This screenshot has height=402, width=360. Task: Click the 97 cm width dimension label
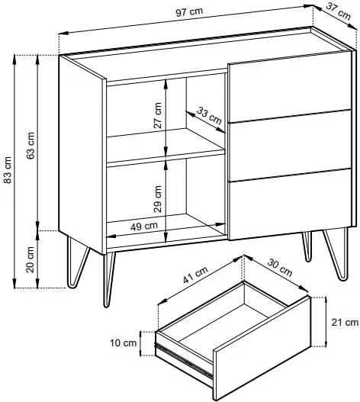[189, 11]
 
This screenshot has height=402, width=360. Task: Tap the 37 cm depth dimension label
[339, 11]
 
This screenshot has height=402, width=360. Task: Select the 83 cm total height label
[8, 169]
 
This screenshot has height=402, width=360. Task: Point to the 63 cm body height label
[31, 146]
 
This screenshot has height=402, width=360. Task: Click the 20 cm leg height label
[31, 259]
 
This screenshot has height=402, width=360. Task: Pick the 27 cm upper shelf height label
[157, 115]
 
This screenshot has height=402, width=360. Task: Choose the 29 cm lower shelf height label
[158, 198]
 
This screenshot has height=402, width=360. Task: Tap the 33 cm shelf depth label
[209, 116]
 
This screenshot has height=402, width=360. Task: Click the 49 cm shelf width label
[144, 227]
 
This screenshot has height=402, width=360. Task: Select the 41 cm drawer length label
[195, 275]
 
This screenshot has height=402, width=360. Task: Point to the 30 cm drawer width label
[280, 268]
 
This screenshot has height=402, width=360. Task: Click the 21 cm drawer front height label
[345, 322]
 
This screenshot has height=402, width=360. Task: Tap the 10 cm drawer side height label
[124, 343]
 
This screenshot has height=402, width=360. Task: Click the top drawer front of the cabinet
[290, 87]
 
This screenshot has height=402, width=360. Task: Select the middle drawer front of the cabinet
[291, 146]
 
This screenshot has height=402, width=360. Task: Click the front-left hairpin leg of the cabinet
[109, 279]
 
